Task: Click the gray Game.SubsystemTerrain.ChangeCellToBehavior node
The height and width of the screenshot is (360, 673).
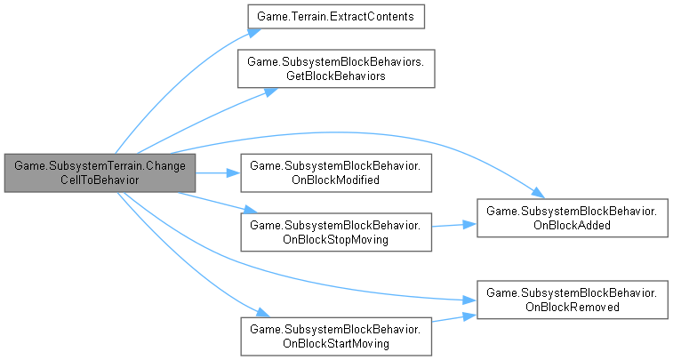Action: (99, 172)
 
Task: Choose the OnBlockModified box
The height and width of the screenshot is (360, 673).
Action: (336, 172)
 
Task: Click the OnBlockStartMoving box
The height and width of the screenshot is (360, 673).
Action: (336, 336)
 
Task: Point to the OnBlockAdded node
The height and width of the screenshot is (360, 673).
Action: (573, 217)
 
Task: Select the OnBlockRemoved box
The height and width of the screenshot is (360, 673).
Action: (573, 299)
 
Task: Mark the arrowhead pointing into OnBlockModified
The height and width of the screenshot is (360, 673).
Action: (235, 172)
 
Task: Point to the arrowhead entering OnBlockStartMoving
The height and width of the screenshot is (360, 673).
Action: (262, 314)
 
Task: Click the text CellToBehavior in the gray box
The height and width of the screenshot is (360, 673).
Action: (99, 180)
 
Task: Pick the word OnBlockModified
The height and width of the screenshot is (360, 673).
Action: (336, 180)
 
